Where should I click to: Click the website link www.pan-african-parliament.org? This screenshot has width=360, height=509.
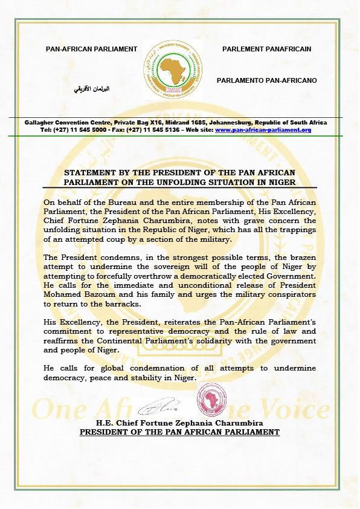pyautogui.click(x=263, y=130)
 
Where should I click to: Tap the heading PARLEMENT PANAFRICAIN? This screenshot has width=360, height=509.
pyautogui.click(x=266, y=49)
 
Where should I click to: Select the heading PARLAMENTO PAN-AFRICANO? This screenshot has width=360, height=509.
pyautogui.click(x=266, y=80)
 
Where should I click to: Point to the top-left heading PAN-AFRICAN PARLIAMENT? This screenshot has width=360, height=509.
pyautogui.click(x=92, y=49)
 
